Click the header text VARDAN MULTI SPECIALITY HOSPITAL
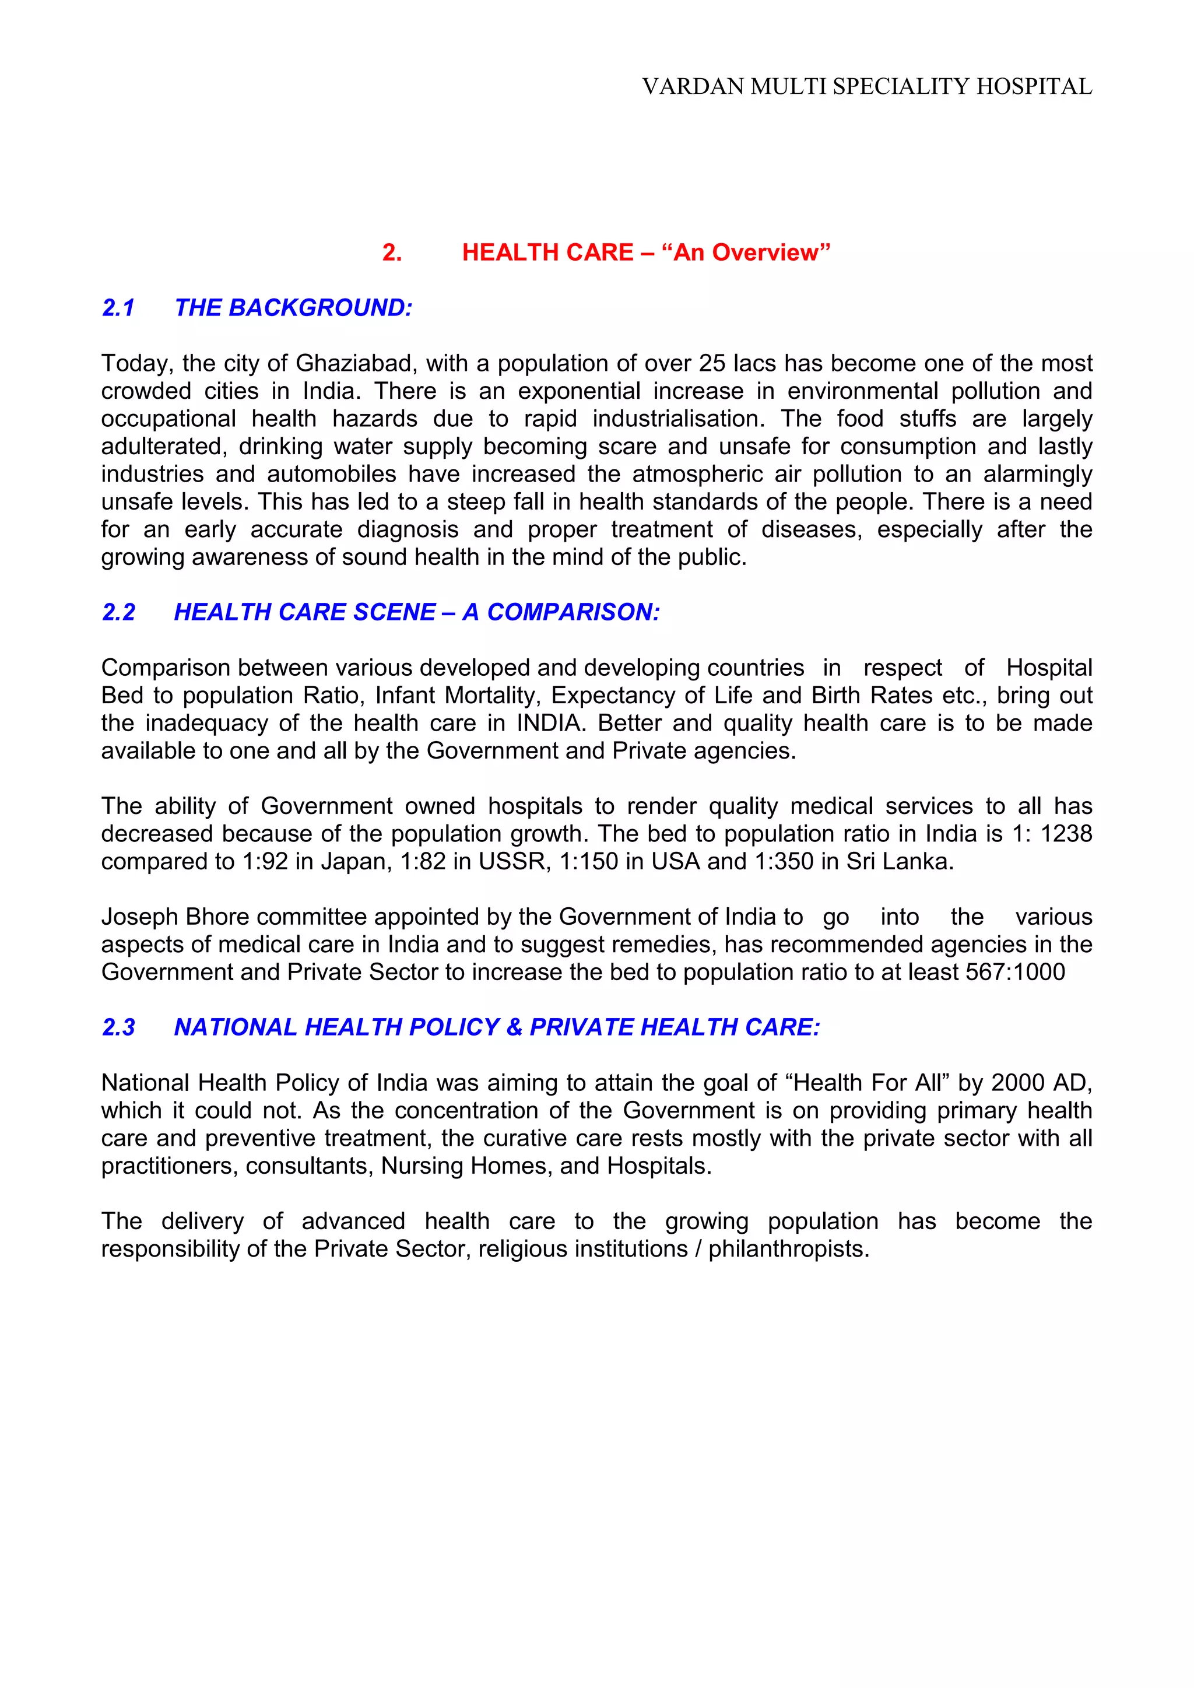867,87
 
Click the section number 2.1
118,308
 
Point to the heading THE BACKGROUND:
293,308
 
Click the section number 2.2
118,612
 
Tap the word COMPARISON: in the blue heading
574,612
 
